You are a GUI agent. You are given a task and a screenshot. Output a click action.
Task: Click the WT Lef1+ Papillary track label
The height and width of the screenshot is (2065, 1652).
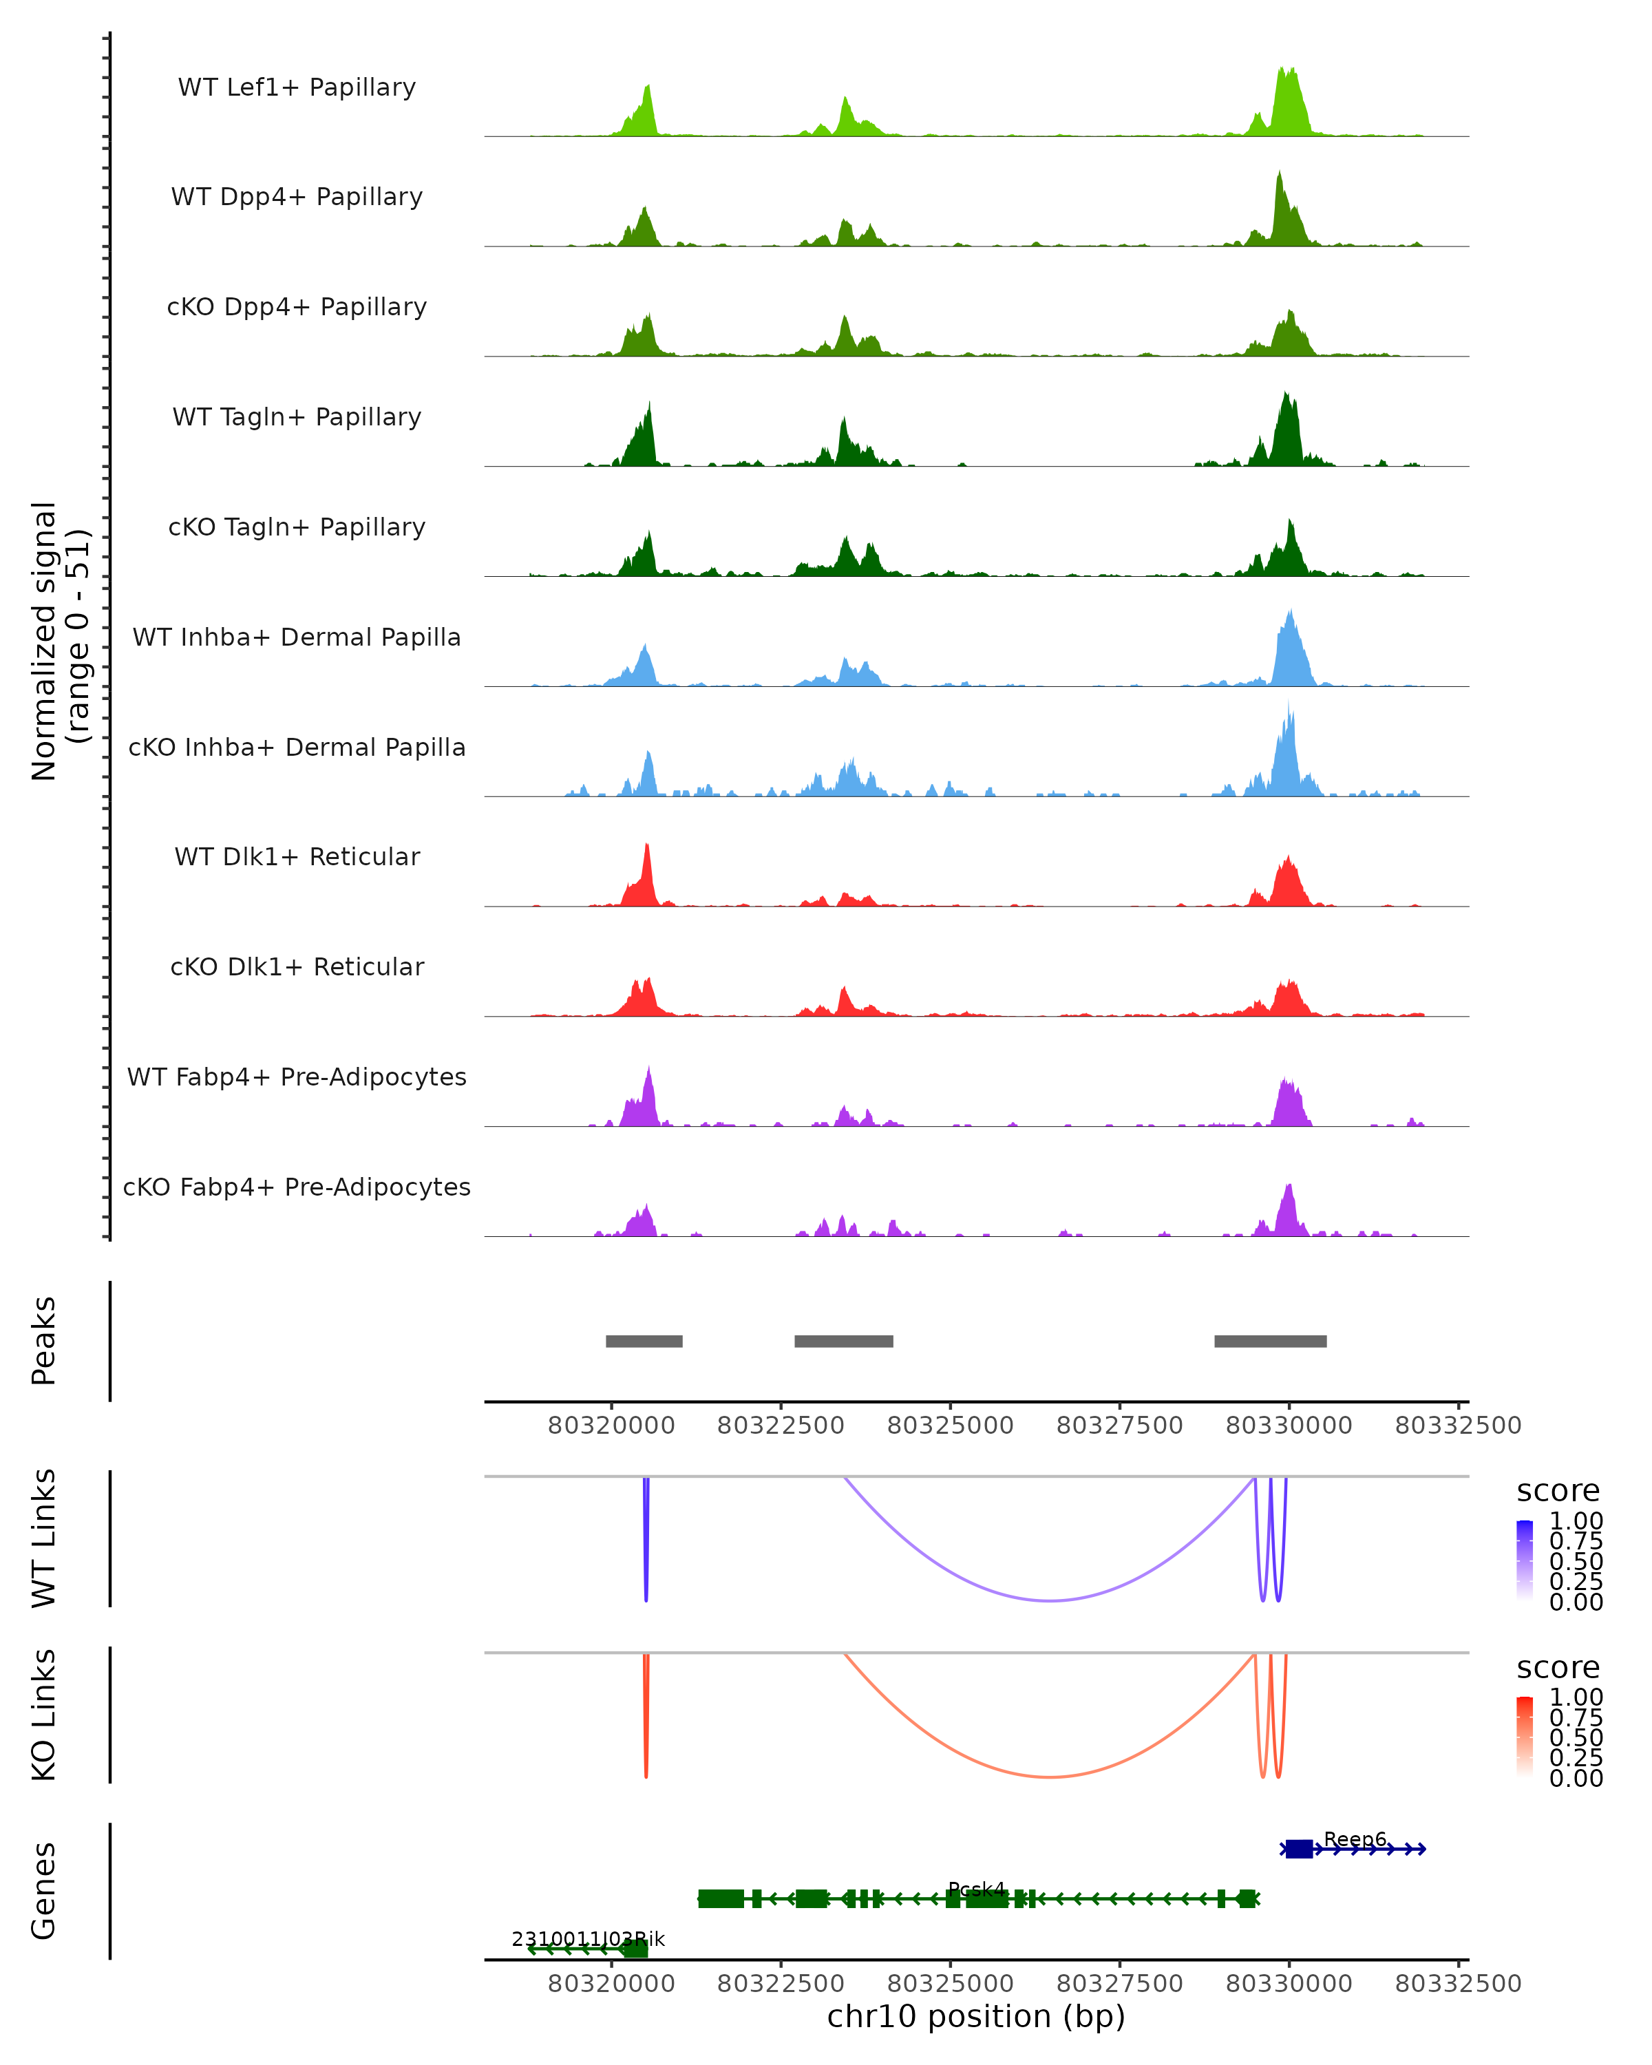point(297,87)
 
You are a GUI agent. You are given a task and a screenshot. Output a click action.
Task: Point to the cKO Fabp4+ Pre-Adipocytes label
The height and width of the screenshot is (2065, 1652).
point(297,1187)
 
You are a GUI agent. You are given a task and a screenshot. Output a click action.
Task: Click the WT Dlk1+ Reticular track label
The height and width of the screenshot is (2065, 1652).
point(297,857)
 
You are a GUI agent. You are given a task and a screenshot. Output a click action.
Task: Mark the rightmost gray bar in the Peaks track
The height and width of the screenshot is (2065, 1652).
point(1270,1341)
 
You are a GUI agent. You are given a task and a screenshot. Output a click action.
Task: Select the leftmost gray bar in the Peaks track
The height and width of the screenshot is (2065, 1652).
point(644,1341)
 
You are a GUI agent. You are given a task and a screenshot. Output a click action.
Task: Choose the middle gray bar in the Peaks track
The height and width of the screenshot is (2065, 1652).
point(844,1341)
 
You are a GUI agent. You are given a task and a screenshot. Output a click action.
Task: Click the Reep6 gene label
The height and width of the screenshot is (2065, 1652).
point(1354,1839)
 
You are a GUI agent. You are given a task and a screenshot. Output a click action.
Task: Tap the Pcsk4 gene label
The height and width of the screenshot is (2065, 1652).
point(977,1889)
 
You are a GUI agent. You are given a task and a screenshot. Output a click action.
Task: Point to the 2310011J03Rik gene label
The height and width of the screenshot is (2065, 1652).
point(587,1940)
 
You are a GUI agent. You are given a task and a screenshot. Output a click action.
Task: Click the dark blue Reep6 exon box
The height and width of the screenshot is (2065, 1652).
point(1299,1850)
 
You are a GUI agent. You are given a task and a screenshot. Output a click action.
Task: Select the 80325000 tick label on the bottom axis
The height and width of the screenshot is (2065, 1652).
point(950,1984)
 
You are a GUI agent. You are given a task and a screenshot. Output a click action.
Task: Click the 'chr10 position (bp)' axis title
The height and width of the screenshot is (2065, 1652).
point(976,2017)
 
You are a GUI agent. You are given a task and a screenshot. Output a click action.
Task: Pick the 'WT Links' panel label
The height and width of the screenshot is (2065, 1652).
point(44,1538)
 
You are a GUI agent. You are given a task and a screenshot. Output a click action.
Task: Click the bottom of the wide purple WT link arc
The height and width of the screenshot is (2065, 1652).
point(1050,1600)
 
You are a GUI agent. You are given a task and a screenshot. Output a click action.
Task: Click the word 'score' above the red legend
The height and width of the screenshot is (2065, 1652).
point(1558,1668)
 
